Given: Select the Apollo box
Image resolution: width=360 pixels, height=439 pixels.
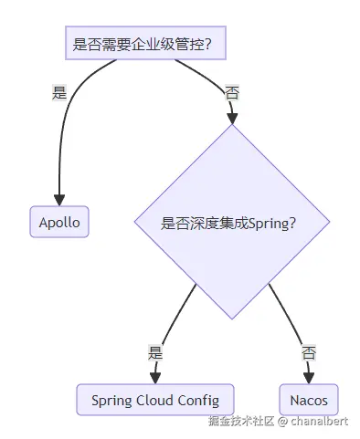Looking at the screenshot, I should coord(59,222).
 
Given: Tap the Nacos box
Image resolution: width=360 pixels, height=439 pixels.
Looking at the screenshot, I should coord(309,400).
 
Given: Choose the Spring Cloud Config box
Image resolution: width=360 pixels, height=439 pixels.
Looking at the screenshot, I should coord(154,400).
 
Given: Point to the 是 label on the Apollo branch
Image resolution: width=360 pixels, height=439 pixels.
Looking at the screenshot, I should coord(60,92).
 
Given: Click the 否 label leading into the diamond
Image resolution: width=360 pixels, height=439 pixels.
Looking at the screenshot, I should coord(232,92).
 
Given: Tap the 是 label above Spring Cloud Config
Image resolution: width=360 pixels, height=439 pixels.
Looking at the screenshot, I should coord(154,350).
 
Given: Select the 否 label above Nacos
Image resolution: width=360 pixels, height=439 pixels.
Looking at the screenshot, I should coord(309,350).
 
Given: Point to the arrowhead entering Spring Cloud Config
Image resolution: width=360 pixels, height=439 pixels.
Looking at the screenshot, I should coord(154,377).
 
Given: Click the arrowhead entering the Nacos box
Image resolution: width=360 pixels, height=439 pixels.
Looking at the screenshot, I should coord(309,377).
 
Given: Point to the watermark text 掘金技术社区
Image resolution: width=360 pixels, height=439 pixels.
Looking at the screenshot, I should coord(241,422).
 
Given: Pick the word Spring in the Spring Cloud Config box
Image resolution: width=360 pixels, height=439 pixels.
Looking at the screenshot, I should coord(111,400).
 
